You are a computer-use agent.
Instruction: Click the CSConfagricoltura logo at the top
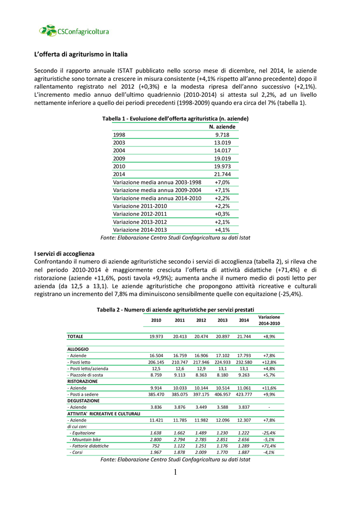pos(74,31)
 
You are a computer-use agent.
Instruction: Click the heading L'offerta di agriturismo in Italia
pos(81,54)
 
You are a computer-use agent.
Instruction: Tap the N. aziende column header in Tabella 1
pos(222,127)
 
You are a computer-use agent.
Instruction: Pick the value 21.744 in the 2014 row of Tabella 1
pos(222,175)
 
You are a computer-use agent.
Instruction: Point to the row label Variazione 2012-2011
pos(140,214)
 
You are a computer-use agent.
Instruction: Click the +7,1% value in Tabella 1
pos(222,190)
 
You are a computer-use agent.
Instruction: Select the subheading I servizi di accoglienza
pos(64,254)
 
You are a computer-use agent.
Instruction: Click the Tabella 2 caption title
pos(175,310)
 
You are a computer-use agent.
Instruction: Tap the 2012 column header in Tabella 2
pos(201,320)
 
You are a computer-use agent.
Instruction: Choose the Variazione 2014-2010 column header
pos(269,320)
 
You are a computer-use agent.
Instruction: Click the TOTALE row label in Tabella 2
pos(75,336)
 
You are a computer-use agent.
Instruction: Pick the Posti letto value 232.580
pos(244,362)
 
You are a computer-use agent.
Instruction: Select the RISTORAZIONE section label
pos(82,381)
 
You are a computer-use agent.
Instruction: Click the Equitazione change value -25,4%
pos(269,433)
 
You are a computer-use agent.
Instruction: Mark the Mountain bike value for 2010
pos(156,440)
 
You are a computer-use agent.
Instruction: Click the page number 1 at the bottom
pos(176,472)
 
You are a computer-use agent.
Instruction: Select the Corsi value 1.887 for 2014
pos(244,452)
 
